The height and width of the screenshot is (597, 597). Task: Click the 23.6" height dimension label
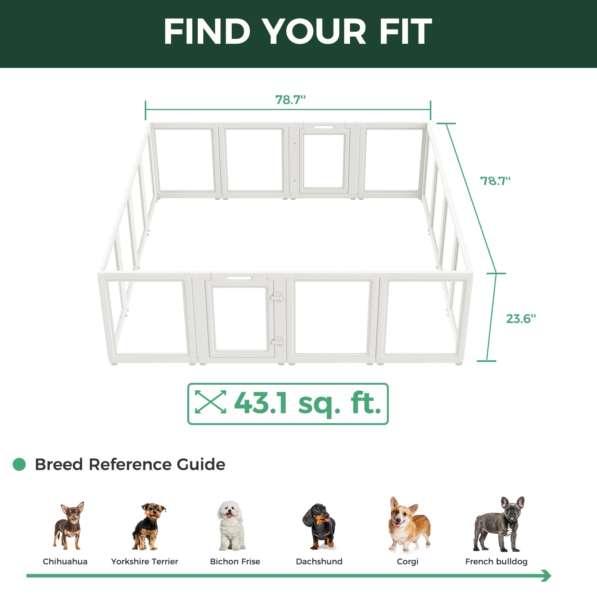[x=521, y=319]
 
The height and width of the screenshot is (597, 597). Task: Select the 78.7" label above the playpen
[x=290, y=100]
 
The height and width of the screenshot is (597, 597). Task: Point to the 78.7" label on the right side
[x=495, y=181]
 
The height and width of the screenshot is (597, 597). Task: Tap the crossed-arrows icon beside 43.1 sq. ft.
[x=210, y=402]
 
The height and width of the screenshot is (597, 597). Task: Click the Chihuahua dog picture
[x=69, y=526]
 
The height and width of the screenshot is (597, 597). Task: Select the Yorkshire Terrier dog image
[x=148, y=526]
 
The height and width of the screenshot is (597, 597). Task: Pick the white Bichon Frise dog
[x=231, y=526]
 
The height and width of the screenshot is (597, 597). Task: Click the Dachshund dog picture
[x=319, y=526]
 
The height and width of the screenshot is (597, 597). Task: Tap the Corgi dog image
[x=408, y=524]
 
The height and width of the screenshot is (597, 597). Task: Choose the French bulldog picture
[x=499, y=524]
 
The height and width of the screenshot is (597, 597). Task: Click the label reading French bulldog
[x=496, y=562]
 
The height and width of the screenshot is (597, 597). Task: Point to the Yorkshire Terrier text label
[x=144, y=562]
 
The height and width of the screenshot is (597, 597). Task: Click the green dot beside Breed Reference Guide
[x=19, y=465]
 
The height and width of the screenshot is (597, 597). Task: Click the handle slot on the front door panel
[x=239, y=278]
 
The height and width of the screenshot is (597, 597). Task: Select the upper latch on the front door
[x=277, y=297]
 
